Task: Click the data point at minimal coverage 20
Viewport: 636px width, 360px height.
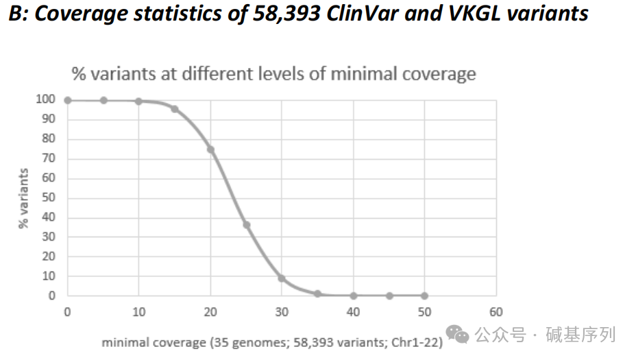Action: (x=210, y=149)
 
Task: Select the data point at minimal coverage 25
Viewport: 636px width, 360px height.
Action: (x=246, y=225)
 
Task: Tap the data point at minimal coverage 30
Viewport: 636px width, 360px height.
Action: (x=282, y=278)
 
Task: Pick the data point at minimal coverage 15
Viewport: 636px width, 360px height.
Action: (x=175, y=109)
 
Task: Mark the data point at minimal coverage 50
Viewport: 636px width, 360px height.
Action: (x=425, y=296)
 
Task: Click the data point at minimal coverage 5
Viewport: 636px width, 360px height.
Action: (x=103, y=100)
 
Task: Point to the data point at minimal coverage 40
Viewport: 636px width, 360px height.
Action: (x=354, y=296)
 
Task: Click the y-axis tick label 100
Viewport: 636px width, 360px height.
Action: (x=45, y=99)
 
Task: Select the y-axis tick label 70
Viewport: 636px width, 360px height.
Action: (x=48, y=158)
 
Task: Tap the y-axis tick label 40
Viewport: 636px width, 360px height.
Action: (x=48, y=217)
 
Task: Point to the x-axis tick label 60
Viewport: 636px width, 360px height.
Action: (x=496, y=313)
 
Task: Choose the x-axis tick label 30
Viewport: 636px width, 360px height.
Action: (x=282, y=313)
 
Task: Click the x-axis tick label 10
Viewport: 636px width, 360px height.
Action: (x=139, y=313)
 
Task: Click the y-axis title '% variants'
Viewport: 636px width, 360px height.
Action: (x=25, y=198)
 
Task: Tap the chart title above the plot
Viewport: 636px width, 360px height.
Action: (x=274, y=73)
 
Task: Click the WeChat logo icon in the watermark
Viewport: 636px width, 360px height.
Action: (x=457, y=334)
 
